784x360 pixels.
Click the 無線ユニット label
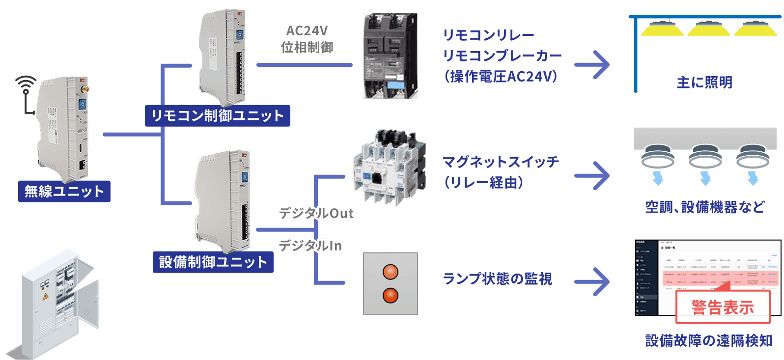64,191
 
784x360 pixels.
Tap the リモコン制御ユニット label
217,115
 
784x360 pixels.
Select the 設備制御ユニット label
213,262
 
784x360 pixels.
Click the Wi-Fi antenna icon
26,93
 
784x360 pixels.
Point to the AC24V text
307,31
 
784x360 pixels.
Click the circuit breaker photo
390,56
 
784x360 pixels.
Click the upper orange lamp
391,272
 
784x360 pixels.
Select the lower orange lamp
391,295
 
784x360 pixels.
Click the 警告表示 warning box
723,307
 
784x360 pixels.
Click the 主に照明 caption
704,83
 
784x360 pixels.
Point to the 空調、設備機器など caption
705,207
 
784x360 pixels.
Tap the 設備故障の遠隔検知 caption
708,340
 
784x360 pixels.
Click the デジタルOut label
316,213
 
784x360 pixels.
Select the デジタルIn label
311,245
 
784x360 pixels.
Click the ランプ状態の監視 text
497,278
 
